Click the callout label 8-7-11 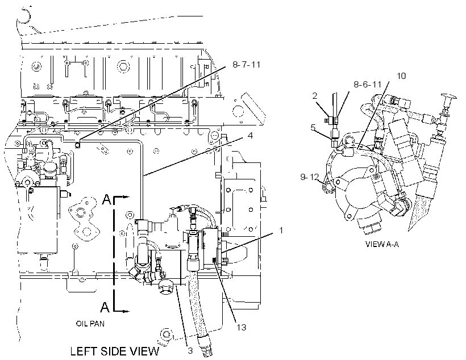[247, 65]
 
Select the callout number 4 [250, 136]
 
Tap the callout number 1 [281, 230]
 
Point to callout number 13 [242, 327]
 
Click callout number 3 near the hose [190, 350]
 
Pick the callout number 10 [401, 76]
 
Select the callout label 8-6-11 [367, 85]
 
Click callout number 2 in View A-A [315, 95]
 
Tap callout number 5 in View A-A [313, 127]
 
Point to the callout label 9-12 [309, 177]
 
